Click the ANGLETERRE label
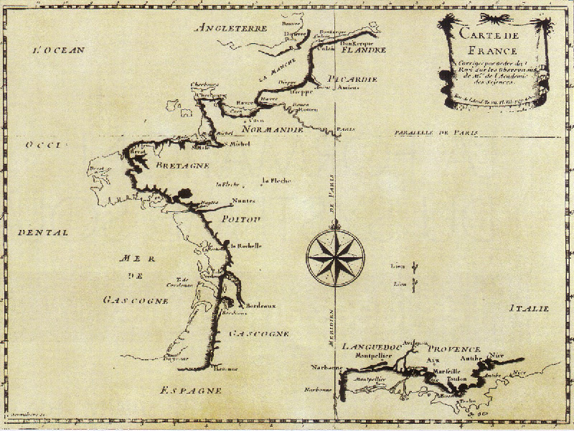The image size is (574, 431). click(231, 29)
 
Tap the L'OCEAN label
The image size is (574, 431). click(60, 50)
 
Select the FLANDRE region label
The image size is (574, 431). click(363, 50)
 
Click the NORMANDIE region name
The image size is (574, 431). click(274, 131)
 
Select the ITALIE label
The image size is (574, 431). click(529, 308)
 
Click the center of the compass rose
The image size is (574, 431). click(335, 256)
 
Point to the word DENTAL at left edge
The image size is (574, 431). click(42, 233)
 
